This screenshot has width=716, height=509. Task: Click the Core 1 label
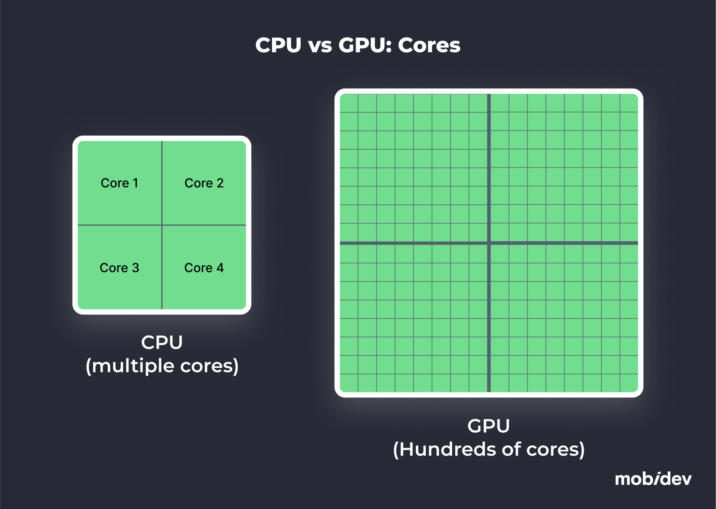(x=119, y=183)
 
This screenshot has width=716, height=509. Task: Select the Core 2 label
(x=204, y=183)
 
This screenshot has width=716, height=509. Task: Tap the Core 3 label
(x=119, y=268)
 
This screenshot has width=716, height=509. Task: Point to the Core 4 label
(x=204, y=268)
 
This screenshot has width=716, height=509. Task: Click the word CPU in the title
(x=278, y=45)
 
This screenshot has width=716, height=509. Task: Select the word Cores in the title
(x=429, y=45)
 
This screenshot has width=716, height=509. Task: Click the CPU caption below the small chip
(x=162, y=342)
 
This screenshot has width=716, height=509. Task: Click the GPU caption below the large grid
(x=488, y=426)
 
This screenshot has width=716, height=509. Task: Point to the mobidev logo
(x=653, y=479)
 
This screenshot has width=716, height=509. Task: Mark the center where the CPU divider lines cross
(x=162, y=225)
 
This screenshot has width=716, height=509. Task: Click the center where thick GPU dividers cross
(x=489, y=243)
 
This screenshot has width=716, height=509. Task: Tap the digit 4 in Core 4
(x=220, y=268)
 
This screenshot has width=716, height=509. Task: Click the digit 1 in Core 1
(x=135, y=183)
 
